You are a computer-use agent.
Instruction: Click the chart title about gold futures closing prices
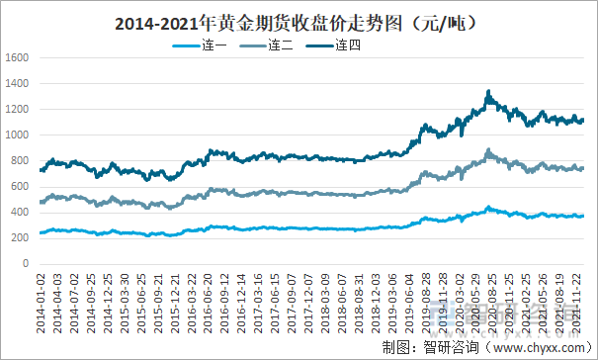299,21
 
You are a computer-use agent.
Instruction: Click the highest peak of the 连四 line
488,92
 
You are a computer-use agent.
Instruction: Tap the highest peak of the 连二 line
488,150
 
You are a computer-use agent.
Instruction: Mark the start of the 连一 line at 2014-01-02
41,233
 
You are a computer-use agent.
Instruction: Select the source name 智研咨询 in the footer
443,346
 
